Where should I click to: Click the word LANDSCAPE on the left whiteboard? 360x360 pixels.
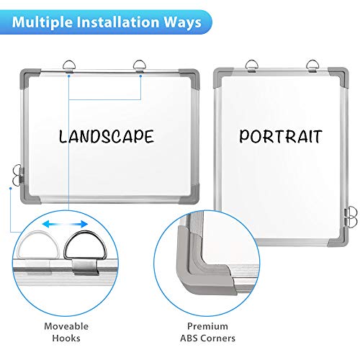pos(107,136)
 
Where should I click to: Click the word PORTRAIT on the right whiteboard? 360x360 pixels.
pos(280,136)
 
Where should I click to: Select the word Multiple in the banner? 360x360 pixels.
pos(42,22)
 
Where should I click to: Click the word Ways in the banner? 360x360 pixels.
pos(182,22)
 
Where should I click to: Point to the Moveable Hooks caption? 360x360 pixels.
pos(66,332)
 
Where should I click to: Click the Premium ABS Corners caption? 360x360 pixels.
pos(207,332)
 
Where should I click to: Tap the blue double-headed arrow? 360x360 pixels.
pos(65,224)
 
